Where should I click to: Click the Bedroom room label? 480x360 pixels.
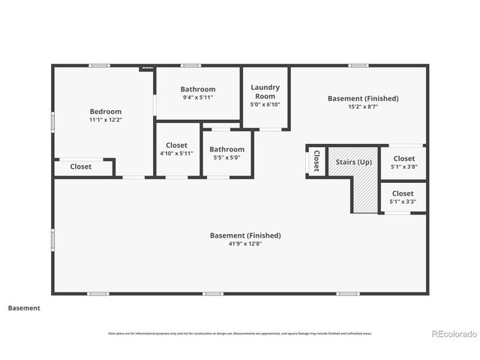105,112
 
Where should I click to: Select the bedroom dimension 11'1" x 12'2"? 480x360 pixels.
105,120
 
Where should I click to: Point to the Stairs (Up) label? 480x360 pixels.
353,162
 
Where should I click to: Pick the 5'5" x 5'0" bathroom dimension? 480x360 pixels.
226,157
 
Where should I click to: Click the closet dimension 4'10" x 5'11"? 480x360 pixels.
176,154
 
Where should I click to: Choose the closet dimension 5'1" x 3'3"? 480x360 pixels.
403,202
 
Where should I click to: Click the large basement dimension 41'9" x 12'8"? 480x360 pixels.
245,244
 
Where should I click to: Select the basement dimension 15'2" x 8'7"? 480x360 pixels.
363,106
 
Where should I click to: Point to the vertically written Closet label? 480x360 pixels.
316,160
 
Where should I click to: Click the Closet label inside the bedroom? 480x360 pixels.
81,166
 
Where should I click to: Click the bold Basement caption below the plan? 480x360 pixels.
24,307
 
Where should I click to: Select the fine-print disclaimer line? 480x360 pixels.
240,333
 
